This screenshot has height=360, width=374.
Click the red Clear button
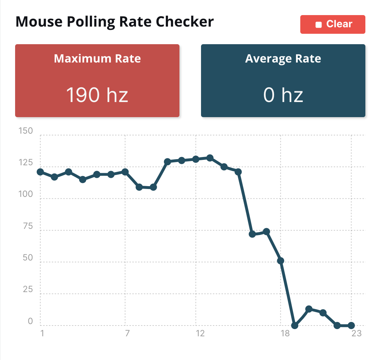click(x=333, y=24)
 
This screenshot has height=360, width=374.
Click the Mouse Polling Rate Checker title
click(x=115, y=22)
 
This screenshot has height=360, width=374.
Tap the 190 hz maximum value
click(x=97, y=95)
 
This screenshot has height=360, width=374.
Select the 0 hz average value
click(x=283, y=95)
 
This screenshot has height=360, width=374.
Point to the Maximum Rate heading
click(x=97, y=59)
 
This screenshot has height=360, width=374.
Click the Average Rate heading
click(x=283, y=59)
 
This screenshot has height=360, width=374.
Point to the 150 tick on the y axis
click(x=26, y=131)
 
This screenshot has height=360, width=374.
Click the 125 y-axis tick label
click(x=26, y=163)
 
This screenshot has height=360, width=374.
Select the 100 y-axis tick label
click(x=26, y=194)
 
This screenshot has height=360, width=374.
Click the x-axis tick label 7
click(x=127, y=333)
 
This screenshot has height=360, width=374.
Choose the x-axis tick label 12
click(x=200, y=333)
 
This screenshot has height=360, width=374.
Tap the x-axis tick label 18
click(x=285, y=333)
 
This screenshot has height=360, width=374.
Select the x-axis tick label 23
click(x=356, y=333)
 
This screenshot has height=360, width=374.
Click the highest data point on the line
click(x=210, y=158)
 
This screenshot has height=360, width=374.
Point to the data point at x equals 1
click(x=40, y=172)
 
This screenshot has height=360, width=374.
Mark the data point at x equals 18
click(x=281, y=261)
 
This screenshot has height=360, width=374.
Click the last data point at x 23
click(x=351, y=326)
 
